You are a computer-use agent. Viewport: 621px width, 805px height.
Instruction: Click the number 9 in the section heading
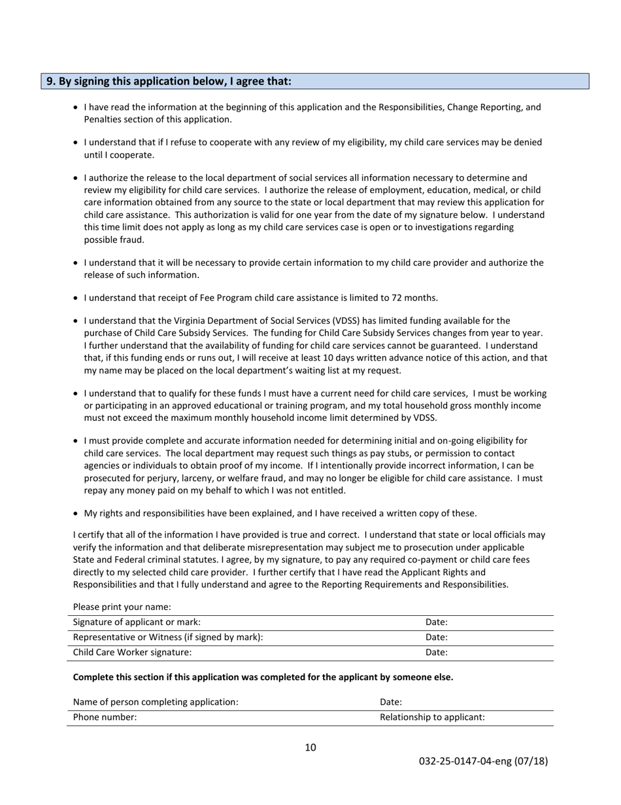tap(50, 82)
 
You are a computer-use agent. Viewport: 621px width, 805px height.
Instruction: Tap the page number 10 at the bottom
tap(310, 747)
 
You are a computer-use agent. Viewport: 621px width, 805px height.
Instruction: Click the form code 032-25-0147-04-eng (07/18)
tap(483, 761)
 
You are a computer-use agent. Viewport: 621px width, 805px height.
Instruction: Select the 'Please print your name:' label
tap(122, 607)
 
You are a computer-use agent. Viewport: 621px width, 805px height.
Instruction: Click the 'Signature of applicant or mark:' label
tap(137, 622)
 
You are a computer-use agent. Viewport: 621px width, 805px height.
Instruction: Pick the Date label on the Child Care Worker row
tap(436, 653)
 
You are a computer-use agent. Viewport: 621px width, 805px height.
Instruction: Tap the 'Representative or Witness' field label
tap(168, 637)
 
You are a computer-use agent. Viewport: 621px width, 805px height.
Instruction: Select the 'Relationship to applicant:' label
tap(432, 717)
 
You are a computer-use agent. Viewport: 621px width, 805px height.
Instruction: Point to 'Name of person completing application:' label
tap(156, 702)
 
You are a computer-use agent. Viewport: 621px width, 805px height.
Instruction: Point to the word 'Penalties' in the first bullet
tap(103, 119)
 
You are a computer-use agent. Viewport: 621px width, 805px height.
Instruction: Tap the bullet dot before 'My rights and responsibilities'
tap(76, 513)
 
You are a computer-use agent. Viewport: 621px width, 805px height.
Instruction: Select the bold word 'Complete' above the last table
tap(93, 677)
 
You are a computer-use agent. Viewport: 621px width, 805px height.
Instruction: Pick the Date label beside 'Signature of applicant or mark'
tap(436, 622)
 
